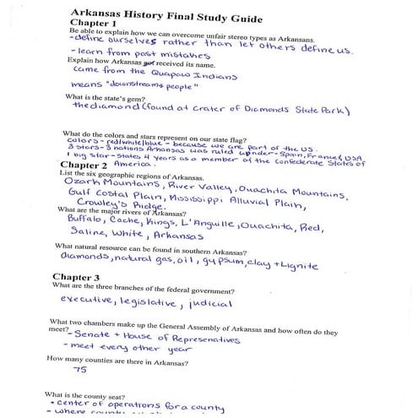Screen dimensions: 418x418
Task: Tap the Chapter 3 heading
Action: tap(76, 277)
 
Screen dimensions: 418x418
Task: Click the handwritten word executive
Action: tap(90, 301)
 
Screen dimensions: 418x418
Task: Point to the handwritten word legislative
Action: tap(149, 301)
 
